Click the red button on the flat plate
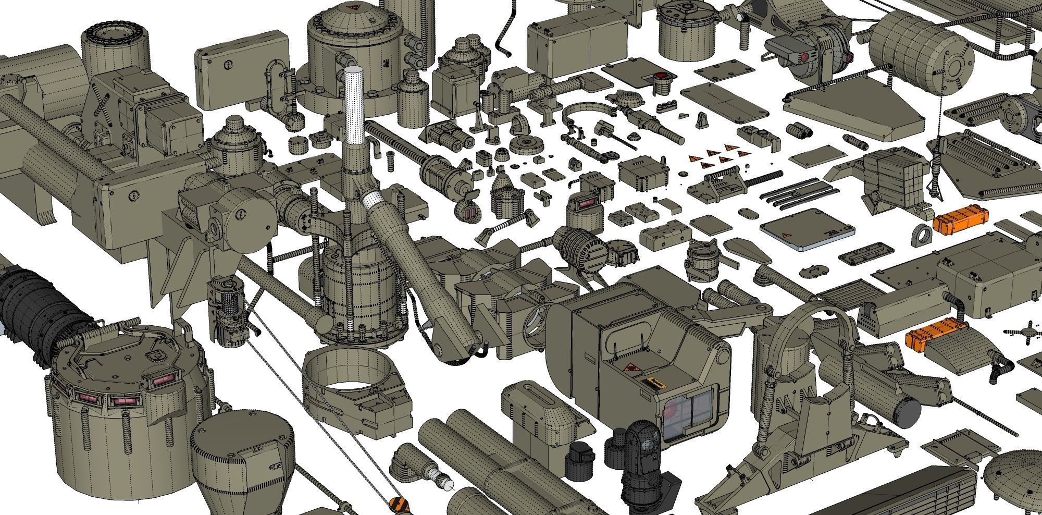point(662,78)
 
